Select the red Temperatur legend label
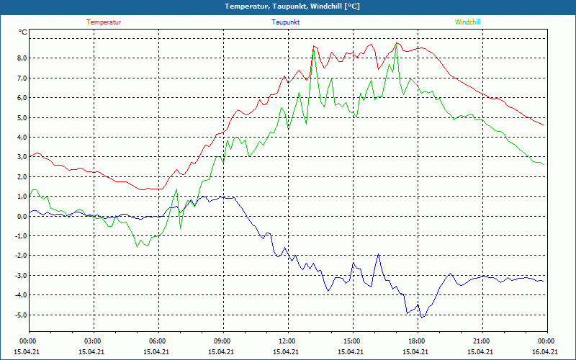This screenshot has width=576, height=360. click(x=104, y=22)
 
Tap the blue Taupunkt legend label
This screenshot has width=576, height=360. click(x=286, y=22)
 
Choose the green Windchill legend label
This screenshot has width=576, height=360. click(x=468, y=22)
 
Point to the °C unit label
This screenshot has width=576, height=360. click(x=23, y=32)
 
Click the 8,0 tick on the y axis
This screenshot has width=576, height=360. click(x=22, y=58)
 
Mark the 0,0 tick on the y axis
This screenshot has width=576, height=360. click(x=22, y=216)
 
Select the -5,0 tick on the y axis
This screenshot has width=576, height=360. click(x=21, y=315)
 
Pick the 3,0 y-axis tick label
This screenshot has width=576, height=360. click(x=22, y=156)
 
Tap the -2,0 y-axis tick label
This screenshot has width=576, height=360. click(x=21, y=256)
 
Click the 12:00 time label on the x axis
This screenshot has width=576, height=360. click(x=287, y=341)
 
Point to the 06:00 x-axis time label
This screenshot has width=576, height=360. click(x=157, y=341)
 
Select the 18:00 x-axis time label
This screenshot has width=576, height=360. click(x=416, y=341)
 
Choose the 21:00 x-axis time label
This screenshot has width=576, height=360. click(x=481, y=341)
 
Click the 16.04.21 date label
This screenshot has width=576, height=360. click(x=545, y=351)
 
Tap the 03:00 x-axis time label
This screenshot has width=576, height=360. click(x=92, y=341)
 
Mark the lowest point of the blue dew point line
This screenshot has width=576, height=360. click(x=422, y=317)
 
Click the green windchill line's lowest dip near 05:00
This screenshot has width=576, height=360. click(x=137, y=247)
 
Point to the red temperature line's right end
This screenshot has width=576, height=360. click(x=543, y=125)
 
